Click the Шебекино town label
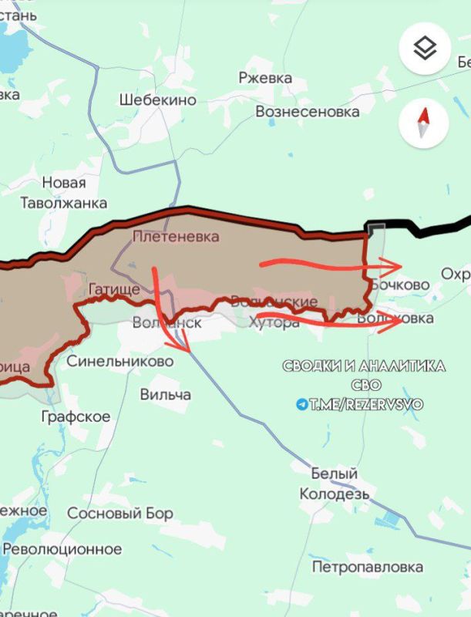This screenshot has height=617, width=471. [157, 100]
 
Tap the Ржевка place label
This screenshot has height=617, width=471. [265, 79]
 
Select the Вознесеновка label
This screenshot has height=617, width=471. [308, 112]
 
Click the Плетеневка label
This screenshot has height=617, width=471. [176, 237]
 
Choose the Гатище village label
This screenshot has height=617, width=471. [114, 290]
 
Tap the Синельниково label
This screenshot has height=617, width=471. [119, 361]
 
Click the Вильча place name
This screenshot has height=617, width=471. [166, 394]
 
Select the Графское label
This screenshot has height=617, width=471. [76, 416]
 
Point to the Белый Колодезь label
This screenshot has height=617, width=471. [335, 484]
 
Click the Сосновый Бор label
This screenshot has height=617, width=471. [120, 513]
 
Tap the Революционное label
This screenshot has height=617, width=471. [62, 549]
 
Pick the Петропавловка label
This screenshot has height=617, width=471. [368, 567]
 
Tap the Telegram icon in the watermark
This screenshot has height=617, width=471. [301, 404]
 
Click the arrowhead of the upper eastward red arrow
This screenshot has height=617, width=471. [399, 267]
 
